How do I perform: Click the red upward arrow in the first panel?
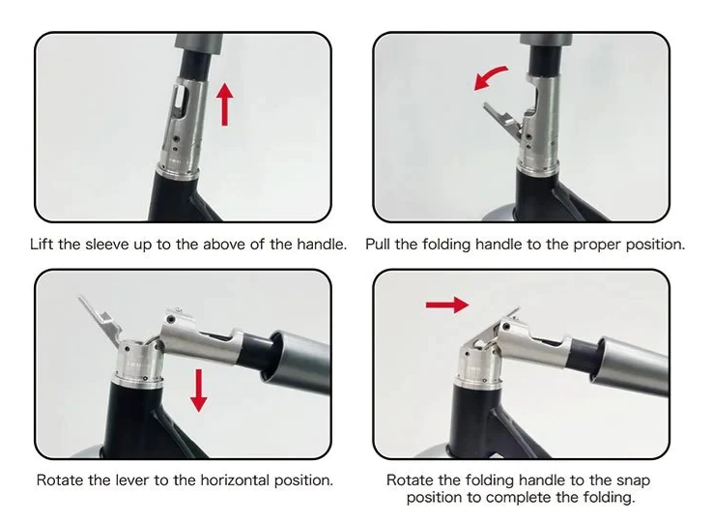point(224,104)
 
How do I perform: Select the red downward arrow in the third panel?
point(198,391)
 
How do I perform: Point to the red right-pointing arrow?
point(447,304)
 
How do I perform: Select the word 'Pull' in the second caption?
point(378,245)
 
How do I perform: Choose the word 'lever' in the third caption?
point(132,480)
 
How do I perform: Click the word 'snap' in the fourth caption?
point(633,481)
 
